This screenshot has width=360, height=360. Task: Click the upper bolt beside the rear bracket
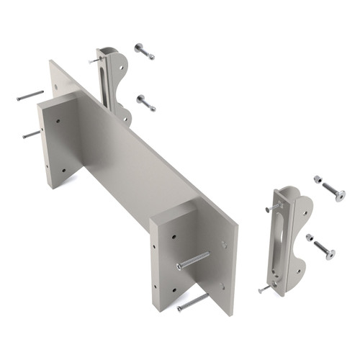pyautogui.click(x=143, y=51)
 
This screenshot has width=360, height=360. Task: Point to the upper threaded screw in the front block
pyautogui.click(x=192, y=260)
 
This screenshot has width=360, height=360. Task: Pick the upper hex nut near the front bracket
pyautogui.click(x=317, y=177)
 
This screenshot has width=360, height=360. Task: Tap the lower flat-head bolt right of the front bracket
pyautogui.click(x=325, y=251)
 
